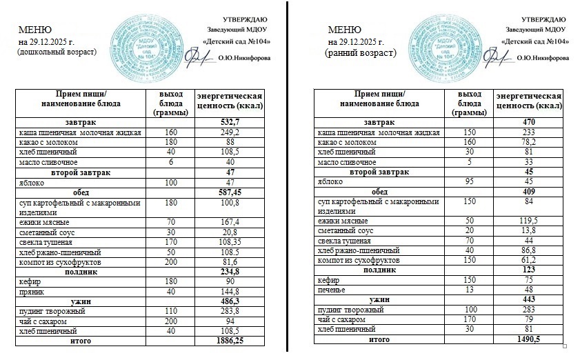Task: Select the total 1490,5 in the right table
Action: [528, 340]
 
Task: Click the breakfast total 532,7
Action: [229, 122]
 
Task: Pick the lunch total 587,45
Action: [229, 192]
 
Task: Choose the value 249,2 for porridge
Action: [229, 132]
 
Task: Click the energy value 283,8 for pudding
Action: [229, 311]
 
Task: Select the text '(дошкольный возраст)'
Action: [57, 52]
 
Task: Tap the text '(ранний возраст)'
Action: [361, 52]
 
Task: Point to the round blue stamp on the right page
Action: [443, 45]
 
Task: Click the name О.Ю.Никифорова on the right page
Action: [542, 58]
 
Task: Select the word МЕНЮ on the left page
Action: [34, 30]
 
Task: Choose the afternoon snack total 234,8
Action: [229, 272]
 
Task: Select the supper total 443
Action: [528, 300]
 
